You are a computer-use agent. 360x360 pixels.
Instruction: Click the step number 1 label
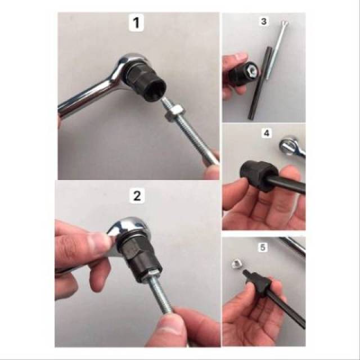(x=136, y=22)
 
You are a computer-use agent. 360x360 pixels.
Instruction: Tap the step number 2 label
(x=137, y=196)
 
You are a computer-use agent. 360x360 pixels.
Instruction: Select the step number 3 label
(x=264, y=21)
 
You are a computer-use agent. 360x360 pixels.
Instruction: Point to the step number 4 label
(x=266, y=133)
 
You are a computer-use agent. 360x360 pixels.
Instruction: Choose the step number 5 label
(x=263, y=247)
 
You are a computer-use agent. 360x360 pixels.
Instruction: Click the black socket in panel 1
(x=147, y=85)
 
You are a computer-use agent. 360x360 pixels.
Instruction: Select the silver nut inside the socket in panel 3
(x=253, y=70)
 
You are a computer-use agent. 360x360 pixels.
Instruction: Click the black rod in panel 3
(x=259, y=83)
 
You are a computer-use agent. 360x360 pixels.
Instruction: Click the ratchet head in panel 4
(x=292, y=146)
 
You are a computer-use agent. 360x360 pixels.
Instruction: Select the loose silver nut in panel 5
(x=237, y=264)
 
